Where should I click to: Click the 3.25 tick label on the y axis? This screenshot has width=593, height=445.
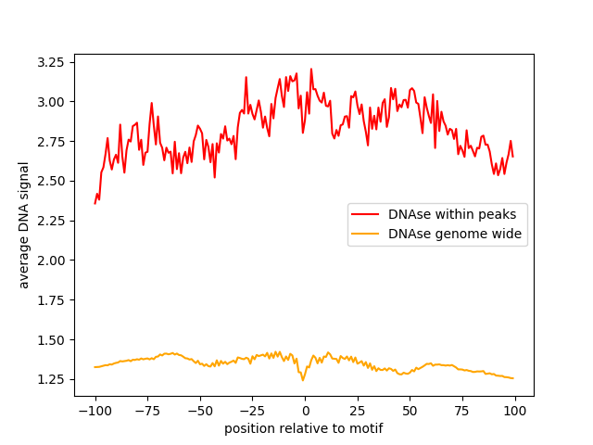[x=51, y=62]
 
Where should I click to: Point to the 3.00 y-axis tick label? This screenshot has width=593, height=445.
[x=51, y=102]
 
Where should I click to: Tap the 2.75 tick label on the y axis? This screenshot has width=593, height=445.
[x=51, y=142]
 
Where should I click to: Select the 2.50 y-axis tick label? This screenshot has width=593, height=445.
[x=51, y=181]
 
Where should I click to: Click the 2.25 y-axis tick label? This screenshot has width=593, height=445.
[x=51, y=221]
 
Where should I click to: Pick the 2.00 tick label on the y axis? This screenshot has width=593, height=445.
[x=51, y=261]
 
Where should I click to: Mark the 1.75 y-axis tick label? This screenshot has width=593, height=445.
[x=51, y=300]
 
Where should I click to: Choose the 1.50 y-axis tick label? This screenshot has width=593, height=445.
[x=51, y=340]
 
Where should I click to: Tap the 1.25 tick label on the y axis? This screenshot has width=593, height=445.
[x=51, y=379]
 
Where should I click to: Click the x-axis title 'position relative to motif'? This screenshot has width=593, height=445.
[x=304, y=428]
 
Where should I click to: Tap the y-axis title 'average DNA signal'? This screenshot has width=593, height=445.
[x=24, y=225]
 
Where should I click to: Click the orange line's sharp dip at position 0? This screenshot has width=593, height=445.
[x=303, y=380]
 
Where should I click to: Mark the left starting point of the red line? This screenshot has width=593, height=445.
[x=95, y=203]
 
